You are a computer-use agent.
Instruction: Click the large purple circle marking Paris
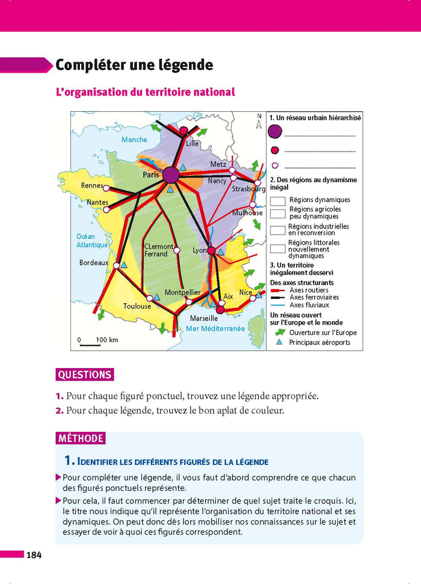point(171,175)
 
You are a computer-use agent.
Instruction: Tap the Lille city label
point(192,144)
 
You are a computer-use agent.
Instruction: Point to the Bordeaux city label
point(94,263)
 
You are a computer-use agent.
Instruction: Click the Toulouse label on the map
point(137,306)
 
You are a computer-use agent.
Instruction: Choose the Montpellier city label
point(182,292)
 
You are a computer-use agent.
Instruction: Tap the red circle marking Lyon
point(211,251)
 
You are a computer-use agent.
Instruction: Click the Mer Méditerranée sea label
point(215,329)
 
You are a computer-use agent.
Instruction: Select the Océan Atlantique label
point(90,241)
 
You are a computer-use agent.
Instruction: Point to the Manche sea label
point(134,140)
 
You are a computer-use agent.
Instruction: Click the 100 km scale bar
point(90,344)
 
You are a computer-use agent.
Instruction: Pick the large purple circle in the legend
point(275,132)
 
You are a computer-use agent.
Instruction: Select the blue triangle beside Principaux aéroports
point(278,342)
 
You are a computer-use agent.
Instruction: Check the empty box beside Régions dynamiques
point(278,200)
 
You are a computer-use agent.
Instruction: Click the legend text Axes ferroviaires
point(314,297)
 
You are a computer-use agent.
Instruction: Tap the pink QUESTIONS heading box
point(84,375)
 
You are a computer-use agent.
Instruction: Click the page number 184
point(33,555)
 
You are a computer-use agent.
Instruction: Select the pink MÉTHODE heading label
point(81,438)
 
